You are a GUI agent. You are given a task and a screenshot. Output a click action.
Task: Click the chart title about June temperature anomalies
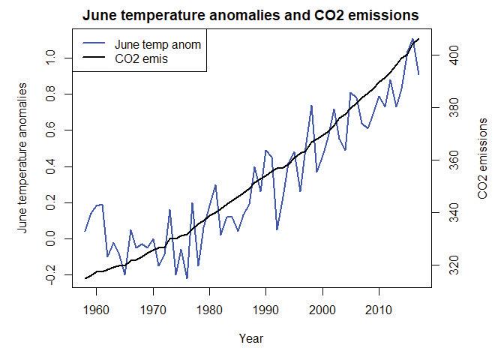click(x=250, y=16)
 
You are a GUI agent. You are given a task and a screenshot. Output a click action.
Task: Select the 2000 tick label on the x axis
click(x=322, y=308)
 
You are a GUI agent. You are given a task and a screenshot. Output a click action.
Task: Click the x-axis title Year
click(x=250, y=338)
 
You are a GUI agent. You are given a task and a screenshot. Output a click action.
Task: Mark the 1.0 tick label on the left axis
click(x=50, y=58)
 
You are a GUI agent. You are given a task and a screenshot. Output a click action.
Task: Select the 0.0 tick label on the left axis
click(x=50, y=238)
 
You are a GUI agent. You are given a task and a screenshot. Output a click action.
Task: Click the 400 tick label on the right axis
click(x=443, y=55)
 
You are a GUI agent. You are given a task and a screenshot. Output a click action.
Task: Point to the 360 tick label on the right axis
click(x=443, y=160)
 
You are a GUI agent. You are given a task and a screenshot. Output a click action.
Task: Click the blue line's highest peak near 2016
click(x=412, y=39)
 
